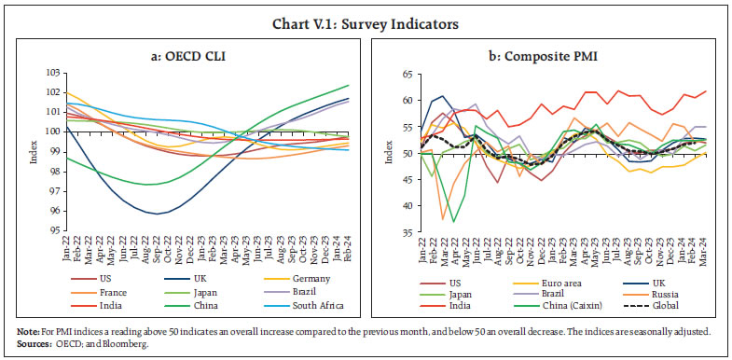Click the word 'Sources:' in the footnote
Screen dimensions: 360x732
click(31, 345)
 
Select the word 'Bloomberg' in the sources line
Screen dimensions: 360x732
click(125, 345)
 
